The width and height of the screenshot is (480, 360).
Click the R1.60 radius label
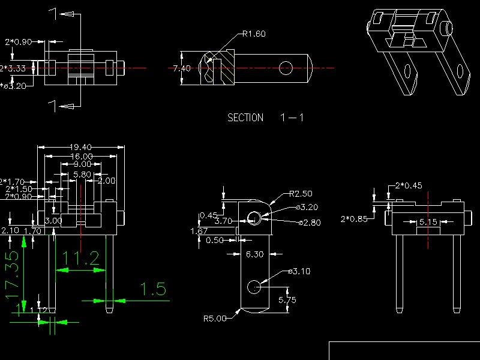click(254, 34)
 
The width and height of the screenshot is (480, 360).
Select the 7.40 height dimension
click(182, 68)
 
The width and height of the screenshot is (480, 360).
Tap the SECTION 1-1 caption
click(265, 118)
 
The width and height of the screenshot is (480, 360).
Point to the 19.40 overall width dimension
click(81, 147)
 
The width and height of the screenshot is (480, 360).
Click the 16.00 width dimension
click(81, 156)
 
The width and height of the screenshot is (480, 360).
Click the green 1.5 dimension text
click(152, 290)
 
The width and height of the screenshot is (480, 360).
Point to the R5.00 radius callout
click(215, 319)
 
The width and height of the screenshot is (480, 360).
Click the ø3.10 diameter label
click(299, 271)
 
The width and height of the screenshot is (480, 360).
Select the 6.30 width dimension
click(255, 254)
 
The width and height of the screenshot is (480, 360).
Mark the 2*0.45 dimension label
click(409, 185)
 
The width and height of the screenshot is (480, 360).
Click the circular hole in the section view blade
click(286, 68)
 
